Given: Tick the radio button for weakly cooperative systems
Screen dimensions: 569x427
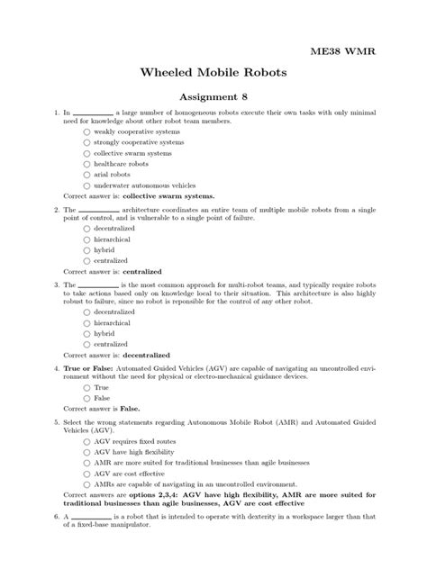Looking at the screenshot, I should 87,131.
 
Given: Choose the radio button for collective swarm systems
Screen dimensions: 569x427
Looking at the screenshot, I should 87,153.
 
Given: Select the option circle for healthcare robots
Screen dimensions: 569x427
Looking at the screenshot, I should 87,164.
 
